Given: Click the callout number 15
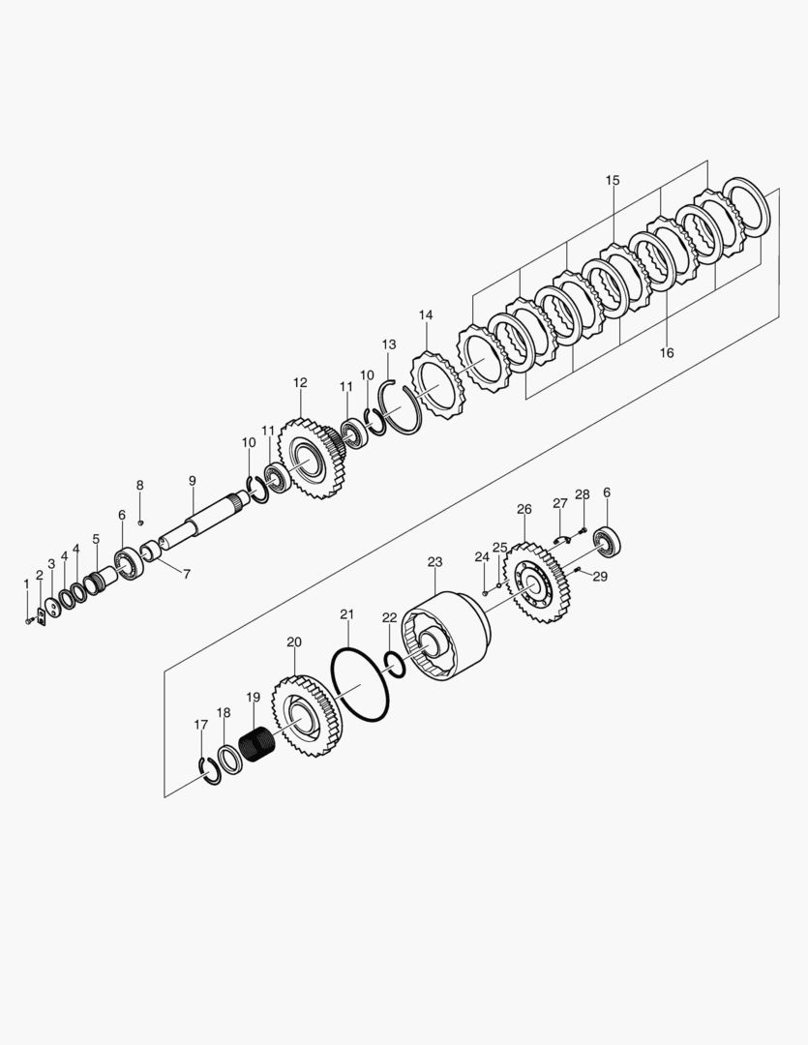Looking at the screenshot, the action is click(613, 180).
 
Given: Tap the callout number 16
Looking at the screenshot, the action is click(667, 352).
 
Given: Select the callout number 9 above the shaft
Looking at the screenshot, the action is click(192, 481).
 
